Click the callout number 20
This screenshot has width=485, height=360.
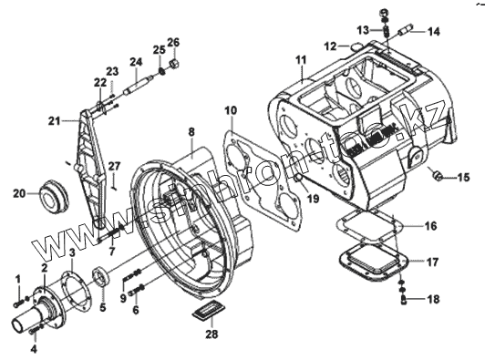coord(19,194)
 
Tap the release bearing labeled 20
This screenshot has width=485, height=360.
coord(54,196)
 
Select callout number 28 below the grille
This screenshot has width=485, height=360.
coord(212,334)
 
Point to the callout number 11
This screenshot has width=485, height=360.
coord(301,59)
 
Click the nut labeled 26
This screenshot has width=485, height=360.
coord(174,64)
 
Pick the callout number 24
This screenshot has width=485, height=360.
coord(136,62)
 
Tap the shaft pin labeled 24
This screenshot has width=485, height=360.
coord(138,85)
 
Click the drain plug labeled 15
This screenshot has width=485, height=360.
coord(437,176)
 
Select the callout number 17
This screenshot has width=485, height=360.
coord(432,262)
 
